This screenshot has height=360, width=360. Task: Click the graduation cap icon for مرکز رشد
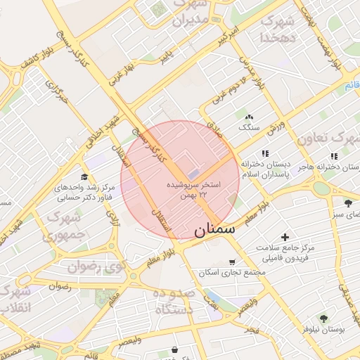[85, 176]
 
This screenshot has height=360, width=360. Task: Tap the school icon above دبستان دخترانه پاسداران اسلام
[265, 153]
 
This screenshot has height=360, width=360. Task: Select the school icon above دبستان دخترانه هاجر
[333, 156]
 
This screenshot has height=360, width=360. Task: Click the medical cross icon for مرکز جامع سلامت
[285, 237]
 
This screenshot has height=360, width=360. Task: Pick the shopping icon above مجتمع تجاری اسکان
[232, 262]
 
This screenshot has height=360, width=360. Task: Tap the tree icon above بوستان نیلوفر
[324, 318]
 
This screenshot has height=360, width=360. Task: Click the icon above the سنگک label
[249, 117]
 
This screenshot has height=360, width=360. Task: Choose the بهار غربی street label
[121, 75]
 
